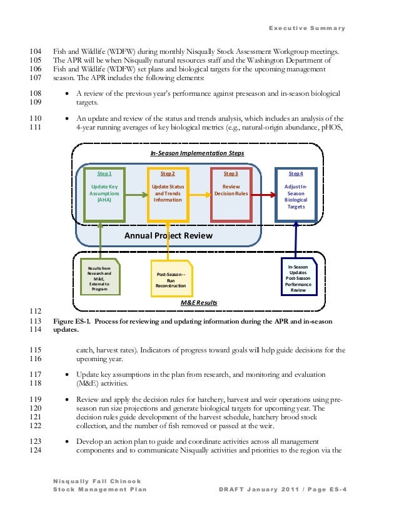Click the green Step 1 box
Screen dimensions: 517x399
(x=104, y=194)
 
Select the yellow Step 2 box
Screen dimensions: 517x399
(x=168, y=194)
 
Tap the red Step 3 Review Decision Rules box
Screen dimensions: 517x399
(x=231, y=194)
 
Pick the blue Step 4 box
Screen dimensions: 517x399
(x=295, y=194)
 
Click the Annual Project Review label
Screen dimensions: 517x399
(x=168, y=236)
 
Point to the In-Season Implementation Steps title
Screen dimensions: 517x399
(x=197, y=153)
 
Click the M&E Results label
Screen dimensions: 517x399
(x=199, y=302)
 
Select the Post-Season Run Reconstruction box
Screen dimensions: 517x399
(x=171, y=279)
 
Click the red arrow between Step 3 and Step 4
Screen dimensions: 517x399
(x=262, y=195)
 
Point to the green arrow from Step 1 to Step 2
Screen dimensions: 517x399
(x=136, y=195)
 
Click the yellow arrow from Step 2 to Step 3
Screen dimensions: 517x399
(x=199, y=195)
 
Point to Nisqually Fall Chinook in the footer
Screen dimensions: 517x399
(x=92, y=481)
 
